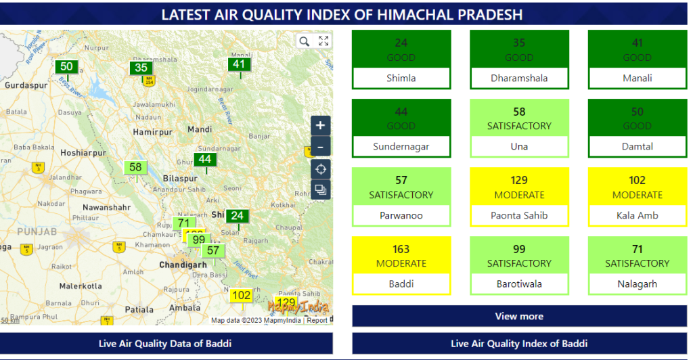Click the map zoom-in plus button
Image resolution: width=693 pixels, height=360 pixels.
pos(320,125)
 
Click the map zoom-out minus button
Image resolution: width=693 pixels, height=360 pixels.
pos(320,146)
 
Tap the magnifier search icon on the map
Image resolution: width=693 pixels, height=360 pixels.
pos(304,41)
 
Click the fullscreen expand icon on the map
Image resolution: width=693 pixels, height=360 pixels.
pos(323,41)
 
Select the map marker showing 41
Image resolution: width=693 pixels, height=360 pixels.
pos(239,65)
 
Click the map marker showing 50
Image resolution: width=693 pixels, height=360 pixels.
pos(66,66)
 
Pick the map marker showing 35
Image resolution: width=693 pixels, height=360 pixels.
pos(141,68)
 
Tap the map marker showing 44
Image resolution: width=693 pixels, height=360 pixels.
pos(205,160)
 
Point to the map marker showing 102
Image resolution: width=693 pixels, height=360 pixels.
pos(242,296)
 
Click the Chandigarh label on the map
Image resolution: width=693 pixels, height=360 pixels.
pos(183,265)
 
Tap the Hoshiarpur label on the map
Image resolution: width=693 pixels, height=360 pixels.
pos(83,153)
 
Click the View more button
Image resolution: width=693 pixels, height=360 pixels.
pos(519,316)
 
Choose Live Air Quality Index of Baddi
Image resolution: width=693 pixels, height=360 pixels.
pos(519,343)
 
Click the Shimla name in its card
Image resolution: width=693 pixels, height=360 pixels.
pos(401,78)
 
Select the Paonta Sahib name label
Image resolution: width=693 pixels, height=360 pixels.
pos(519,215)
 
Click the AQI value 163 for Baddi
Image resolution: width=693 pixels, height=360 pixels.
pos(401,249)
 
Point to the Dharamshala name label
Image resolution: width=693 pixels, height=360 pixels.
pos(519,78)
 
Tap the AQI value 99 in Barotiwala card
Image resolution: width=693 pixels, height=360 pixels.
pos(519,249)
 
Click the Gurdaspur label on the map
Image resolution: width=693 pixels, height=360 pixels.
pos(26,86)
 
